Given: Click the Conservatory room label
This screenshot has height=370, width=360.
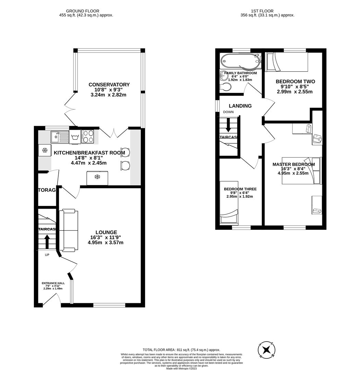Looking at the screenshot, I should [x=109, y=85].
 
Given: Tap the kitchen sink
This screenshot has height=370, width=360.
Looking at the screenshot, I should [x=59, y=137].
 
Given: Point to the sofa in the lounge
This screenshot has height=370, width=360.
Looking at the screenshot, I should [x=69, y=231].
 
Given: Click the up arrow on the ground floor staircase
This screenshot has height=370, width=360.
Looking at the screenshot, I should [x=47, y=241].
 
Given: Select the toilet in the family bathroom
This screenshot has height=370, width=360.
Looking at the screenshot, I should [x=226, y=87].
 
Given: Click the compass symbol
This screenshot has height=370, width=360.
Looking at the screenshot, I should [x=266, y=350].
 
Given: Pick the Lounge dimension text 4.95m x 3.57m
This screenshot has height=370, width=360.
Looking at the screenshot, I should [x=106, y=243].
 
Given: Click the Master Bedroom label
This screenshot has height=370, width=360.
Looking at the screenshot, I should [x=293, y=164].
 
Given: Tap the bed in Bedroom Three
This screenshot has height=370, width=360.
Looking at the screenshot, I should [x=229, y=202].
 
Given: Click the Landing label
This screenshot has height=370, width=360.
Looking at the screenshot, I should [x=240, y=106].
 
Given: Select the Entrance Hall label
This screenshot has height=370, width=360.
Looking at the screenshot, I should [x=53, y=283].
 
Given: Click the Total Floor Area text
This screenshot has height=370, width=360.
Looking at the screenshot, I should [x=181, y=349].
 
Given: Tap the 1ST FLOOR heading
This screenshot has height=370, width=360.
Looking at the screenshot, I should [x=267, y=11].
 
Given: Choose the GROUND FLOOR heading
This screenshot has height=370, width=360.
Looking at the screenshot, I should [x=78, y=11].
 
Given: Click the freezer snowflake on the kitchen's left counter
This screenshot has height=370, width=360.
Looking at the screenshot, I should [x=44, y=150].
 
